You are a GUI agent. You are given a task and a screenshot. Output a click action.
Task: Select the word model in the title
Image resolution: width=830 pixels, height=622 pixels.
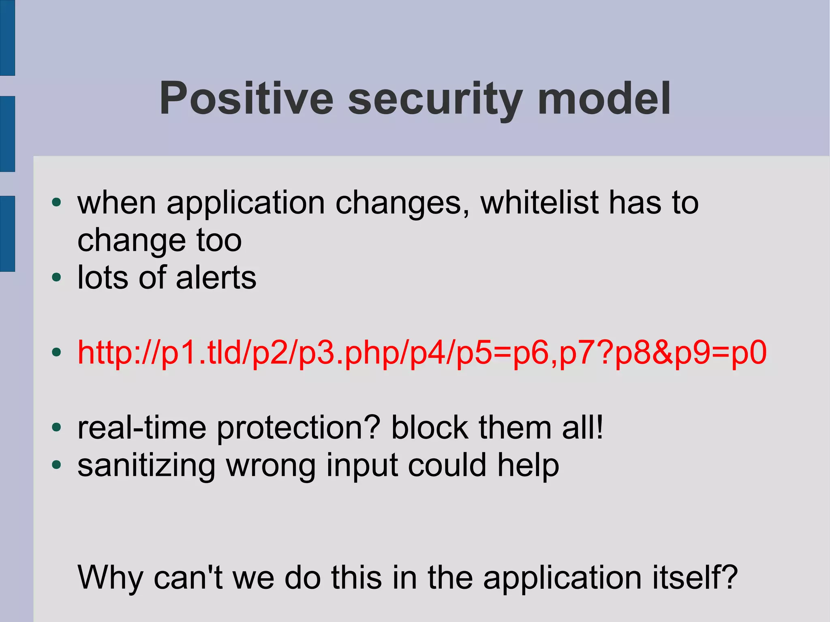click(x=604, y=98)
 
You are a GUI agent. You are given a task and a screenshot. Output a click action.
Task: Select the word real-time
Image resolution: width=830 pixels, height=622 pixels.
click(x=142, y=428)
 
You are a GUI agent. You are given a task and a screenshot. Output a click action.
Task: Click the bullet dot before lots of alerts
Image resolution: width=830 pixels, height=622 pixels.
click(x=56, y=278)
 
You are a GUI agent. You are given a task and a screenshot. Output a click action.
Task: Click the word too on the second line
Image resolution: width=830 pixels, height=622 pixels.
click(x=219, y=240)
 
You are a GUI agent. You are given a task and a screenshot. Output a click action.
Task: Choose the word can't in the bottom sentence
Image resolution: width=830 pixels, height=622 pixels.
click(x=188, y=577)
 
